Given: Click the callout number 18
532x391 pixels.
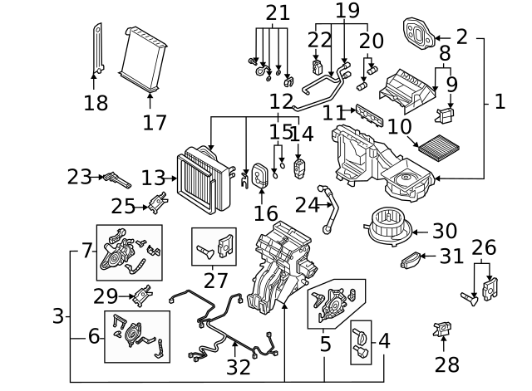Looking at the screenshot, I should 96,103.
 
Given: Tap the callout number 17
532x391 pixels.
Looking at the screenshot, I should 154,122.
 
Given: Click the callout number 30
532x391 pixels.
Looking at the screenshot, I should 445,232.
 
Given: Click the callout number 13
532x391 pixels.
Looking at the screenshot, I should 153,178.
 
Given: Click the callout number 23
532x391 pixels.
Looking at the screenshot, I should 80,176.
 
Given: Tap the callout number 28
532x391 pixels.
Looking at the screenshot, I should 446,364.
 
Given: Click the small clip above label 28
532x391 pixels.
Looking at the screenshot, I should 442,330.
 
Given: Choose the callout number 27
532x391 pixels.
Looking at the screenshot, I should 215,281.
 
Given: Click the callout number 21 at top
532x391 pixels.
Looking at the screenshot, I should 278,13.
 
